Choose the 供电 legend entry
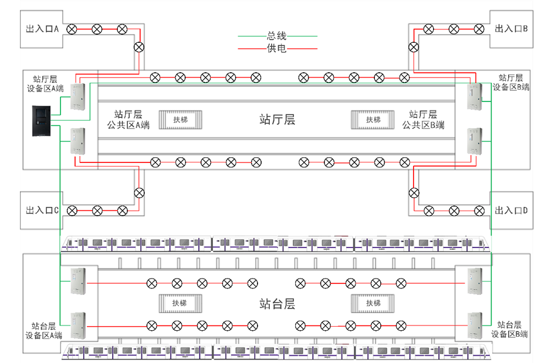[x=277, y=48]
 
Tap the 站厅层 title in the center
[x=277, y=120]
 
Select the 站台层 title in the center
[x=277, y=304]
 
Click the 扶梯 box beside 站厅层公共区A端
[x=181, y=120]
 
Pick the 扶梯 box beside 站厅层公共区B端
[x=373, y=120]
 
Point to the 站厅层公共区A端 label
[x=128, y=120]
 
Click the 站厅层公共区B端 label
[x=423, y=120]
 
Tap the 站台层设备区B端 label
[x=509, y=329]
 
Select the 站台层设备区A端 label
[x=44, y=330]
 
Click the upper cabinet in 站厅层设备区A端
[x=78, y=97]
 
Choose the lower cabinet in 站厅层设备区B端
[x=475, y=141]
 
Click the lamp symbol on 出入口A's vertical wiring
[x=139, y=48]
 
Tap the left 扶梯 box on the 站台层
[x=180, y=303]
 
